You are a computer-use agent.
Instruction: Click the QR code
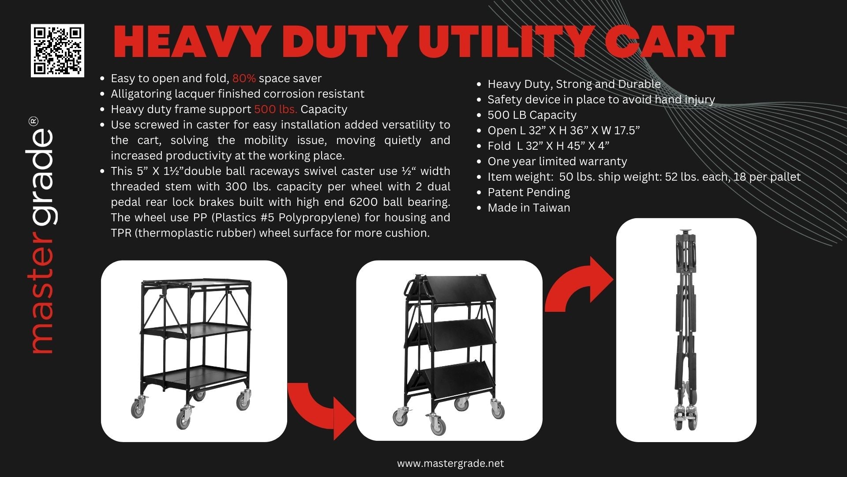57,51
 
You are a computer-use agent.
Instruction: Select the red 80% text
244,79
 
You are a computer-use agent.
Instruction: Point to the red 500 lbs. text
276,110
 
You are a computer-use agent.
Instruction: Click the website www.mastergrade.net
450,464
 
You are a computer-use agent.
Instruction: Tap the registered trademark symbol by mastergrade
33,121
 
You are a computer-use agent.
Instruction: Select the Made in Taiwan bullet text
528,208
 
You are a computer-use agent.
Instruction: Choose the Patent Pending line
528,193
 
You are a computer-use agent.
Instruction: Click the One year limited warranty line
557,162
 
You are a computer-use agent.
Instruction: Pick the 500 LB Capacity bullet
532,115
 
